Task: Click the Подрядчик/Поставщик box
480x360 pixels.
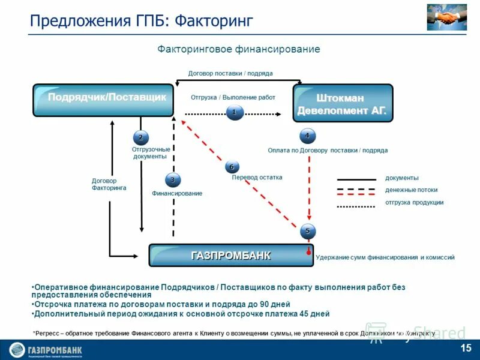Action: tap(103, 99)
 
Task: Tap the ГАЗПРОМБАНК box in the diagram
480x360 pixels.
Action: tap(231, 255)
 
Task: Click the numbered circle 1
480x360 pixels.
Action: tap(235, 112)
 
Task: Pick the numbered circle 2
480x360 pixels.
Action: tap(140, 138)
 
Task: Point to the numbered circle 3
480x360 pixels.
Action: tap(173, 179)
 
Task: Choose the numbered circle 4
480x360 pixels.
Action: tap(307, 136)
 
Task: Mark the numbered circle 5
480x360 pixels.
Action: tap(307, 230)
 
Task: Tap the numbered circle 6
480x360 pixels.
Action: tap(232, 167)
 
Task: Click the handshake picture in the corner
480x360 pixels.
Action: tap(447, 17)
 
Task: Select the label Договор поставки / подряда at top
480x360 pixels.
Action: tap(230, 73)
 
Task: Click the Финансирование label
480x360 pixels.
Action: tap(177, 194)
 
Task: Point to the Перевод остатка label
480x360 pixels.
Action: tap(257, 178)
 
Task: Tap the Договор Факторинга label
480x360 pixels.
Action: tap(109, 184)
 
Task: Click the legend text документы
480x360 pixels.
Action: tap(402, 178)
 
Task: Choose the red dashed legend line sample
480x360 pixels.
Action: tap(356, 191)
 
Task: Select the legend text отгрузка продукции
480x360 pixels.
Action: tap(415, 203)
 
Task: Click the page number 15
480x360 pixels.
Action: tap(466, 349)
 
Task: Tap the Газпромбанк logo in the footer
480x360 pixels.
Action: tap(46, 350)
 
